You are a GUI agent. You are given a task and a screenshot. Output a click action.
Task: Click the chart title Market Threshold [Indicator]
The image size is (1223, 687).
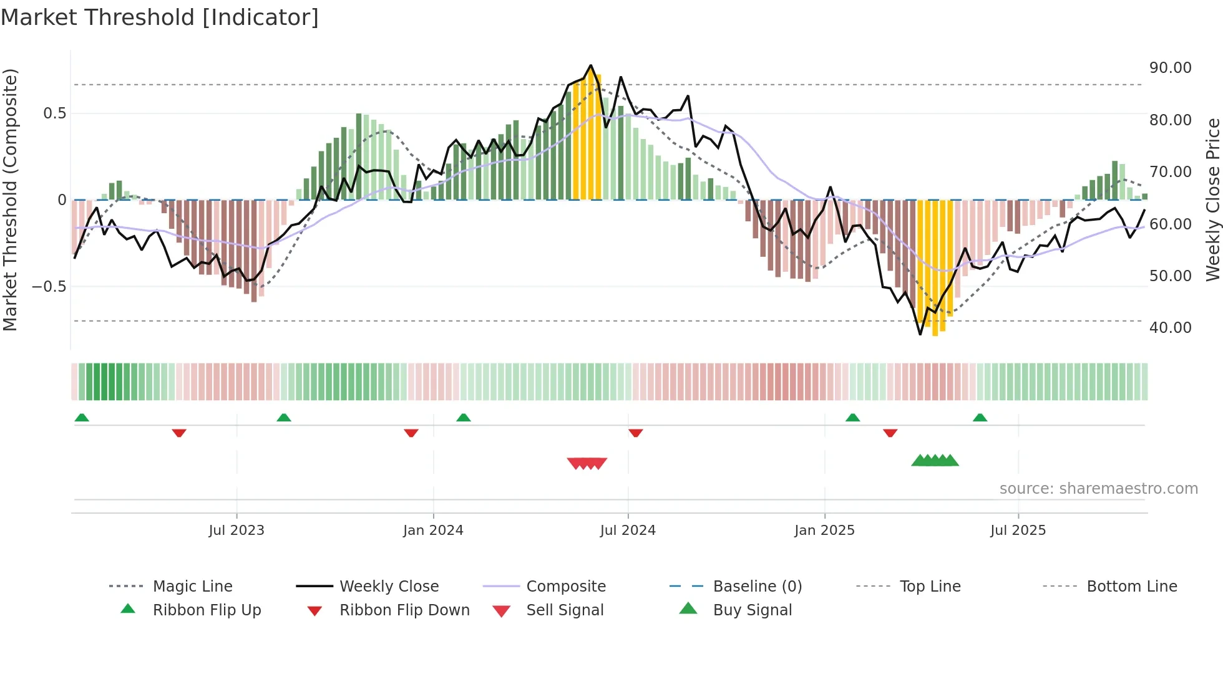pos(160,17)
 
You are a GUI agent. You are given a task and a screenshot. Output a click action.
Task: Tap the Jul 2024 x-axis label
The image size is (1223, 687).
pos(628,530)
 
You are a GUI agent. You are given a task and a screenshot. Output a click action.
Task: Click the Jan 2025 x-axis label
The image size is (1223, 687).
pos(824,530)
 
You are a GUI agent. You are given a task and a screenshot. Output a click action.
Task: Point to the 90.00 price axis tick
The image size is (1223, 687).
pos(1170,67)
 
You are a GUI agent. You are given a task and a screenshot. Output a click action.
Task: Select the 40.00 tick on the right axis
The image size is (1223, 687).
pos(1170,327)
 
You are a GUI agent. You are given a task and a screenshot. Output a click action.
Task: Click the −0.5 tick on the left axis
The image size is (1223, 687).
pos(49,286)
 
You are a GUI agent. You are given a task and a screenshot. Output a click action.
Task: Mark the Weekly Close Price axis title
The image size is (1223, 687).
pos(1212,199)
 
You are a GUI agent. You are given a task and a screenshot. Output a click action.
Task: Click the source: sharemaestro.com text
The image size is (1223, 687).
pos(1098,488)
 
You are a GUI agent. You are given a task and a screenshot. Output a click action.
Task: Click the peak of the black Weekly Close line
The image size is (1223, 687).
pos(591,65)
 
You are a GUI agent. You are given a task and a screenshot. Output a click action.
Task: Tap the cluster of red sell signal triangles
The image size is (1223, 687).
pos(587,463)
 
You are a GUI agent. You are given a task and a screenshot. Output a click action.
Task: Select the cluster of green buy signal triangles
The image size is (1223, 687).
pos(935,461)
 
